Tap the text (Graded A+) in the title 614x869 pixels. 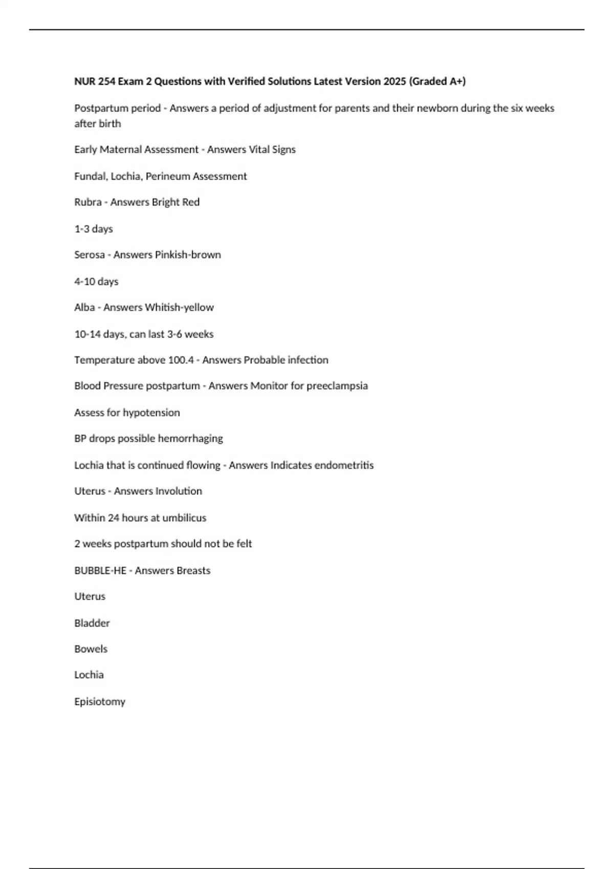[437, 81]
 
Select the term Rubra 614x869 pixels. [87, 202]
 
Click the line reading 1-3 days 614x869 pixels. [94, 229]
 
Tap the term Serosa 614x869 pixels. [90, 255]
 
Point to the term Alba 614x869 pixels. [84, 308]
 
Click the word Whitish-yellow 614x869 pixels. [179, 308]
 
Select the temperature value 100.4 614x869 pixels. [181, 360]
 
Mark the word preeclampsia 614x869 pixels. [337, 386]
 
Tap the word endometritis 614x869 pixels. [344, 465]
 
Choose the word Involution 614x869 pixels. [179, 491]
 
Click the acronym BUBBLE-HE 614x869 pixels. [100, 570]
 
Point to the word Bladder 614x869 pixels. [92, 623]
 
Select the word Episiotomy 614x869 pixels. [100, 702]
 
